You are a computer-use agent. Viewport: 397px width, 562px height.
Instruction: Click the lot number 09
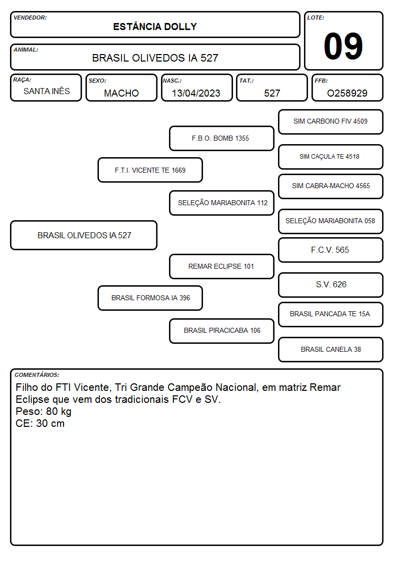tap(343, 46)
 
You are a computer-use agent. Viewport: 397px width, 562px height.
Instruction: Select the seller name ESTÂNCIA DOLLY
tap(155, 27)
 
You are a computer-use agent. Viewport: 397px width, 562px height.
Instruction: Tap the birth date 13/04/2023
tap(196, 93)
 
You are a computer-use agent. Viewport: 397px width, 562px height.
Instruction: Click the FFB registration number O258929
tap(347, 93)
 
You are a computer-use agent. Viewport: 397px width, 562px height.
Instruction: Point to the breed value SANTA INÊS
tap(46, 91)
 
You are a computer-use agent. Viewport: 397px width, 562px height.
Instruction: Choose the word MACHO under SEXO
tap(121, 93)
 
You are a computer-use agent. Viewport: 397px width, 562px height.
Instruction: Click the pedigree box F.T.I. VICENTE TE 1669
tap(150, 170)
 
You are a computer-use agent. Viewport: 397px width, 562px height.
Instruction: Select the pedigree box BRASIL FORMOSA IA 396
tap(150, 298)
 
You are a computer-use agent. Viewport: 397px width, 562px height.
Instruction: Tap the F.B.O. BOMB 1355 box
tap(221, 138)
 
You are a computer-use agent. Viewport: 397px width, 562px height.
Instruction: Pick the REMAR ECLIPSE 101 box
tap(221, 266)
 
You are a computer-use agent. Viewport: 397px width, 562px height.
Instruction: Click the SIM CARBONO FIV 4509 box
tap(331, 122)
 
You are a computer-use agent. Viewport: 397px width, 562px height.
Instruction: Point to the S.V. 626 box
tap(331, 285)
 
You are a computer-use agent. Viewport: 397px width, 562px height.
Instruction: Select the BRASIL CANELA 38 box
tap(331, 349)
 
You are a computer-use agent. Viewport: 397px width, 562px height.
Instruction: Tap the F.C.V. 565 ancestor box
tap(331, 250)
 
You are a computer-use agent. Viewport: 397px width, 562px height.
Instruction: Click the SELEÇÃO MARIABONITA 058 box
tap(331, 221)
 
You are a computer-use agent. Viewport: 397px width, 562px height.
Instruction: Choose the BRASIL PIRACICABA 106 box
tap(221, 331)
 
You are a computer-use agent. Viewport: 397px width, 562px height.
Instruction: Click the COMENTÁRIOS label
tap(37, 375)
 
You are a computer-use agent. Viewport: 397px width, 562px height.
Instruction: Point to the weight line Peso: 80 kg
tap(43, 411)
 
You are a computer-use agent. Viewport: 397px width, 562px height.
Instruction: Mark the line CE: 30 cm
tap(40, 423)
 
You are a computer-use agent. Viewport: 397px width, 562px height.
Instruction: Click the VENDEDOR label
tap(30, 18)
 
